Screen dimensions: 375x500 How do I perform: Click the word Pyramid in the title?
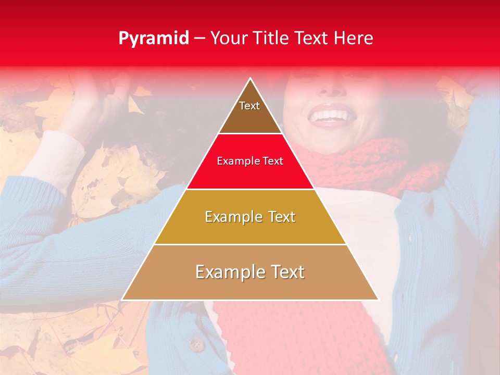(153, 39)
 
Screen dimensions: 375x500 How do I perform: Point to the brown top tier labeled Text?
(249, 112)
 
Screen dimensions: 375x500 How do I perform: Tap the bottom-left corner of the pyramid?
(122, 299)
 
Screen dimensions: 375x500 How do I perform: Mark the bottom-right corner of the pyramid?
(378, 299)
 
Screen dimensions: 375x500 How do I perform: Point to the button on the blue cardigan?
(196, 344)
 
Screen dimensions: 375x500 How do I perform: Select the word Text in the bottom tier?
(284, 272)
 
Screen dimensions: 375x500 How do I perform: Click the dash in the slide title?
(199, 39)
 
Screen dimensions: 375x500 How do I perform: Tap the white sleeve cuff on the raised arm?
(52, 156)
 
